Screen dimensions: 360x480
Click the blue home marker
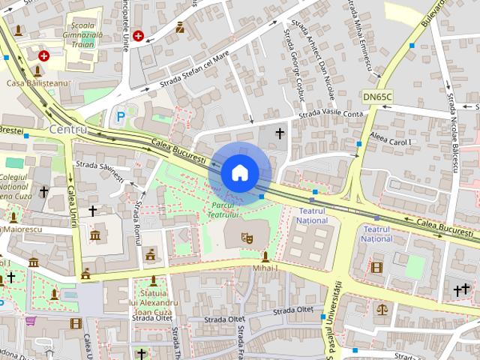tap(238, 172)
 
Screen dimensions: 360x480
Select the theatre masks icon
tap(245, 238)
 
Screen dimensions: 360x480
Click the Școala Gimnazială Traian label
tap(83, 28)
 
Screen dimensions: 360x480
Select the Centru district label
tap(67, 130)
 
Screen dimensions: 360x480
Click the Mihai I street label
tap(265, 268)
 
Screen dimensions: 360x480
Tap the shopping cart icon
tap(31, 321)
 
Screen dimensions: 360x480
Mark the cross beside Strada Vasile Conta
tap(280, 133)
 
